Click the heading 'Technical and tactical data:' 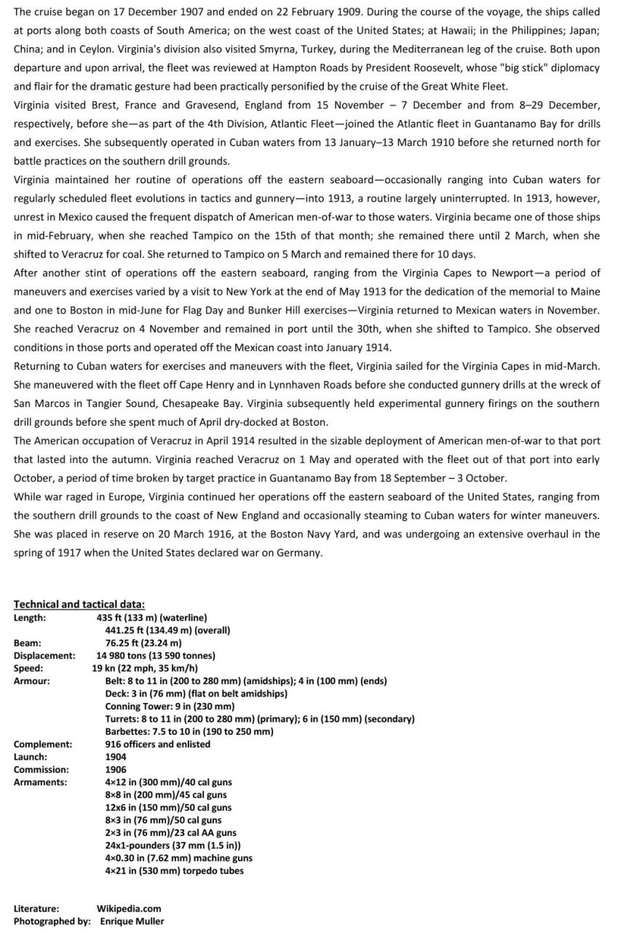[79, 604]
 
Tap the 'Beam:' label [28, 643]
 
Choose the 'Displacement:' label [44, 656]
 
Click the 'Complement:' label [43, 744]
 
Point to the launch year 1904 [116, 757]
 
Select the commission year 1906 [116, 769]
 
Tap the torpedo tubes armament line [174, 870]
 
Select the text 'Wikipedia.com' [129, 908]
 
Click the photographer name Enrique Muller [132, 921]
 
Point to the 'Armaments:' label [41, 782]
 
